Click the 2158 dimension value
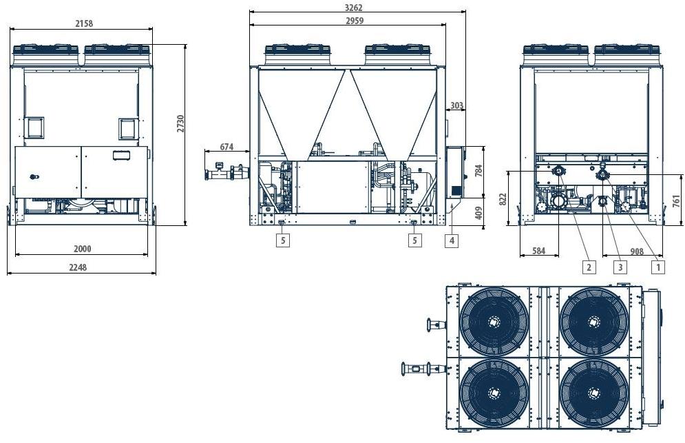pos(83,23)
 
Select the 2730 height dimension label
pos(181,123)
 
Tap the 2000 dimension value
pos(83,249)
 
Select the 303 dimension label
pos(456,105)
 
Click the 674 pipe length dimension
pos(227,147)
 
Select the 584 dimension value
pos(538,251)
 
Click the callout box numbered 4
pos(451,240)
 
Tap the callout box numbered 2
pos(589,267)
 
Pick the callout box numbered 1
pos(658,267)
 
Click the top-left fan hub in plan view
pos(494,321)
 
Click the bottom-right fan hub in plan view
pos(593,393)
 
